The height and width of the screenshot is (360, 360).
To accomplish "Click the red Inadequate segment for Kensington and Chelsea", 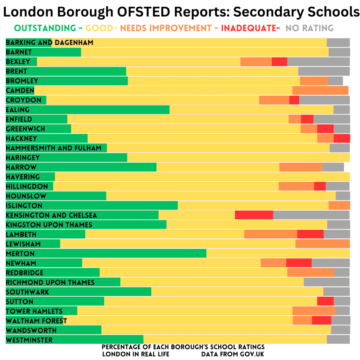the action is pyautogui.click(x=254, y=215).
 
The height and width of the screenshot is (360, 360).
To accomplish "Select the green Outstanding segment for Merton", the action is pyautogui.click(x=106, y=253).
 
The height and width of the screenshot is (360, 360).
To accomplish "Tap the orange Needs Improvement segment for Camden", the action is pyautogui.click(x=321, y=90).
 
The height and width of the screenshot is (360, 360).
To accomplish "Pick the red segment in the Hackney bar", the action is pyautogui.click(x=342, y=139).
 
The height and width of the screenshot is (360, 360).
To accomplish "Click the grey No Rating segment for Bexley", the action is pyautogui.click(x=319, y=62).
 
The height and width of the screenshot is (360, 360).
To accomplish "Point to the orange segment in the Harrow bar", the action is pyautogui.click(x=301, y=167).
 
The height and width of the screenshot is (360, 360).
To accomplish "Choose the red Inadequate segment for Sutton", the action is pyautogui.click(x=325, y=301).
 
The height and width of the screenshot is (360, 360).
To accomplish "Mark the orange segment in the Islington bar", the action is pyautogui.click(x=339, y=205).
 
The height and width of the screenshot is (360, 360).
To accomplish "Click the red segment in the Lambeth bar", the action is pyautogui.click(x=310, y=234).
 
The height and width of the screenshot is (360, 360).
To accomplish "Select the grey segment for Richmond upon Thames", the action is pyautogui.click(x=327, y=282).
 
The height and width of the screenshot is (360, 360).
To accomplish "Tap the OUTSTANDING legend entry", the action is pyautogui.click(x=45, y=28).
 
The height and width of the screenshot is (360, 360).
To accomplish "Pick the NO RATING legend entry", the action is pyautogui.click(x=309, y=28).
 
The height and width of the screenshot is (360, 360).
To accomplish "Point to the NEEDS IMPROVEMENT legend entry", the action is pyautogui.click(x=166, y=28).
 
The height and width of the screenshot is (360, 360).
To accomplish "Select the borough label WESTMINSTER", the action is pyautogui.click(x=29, y=340).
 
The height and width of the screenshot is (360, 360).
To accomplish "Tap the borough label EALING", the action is pyautogui.click(x=18, y=110).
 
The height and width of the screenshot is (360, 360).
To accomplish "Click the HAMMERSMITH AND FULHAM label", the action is pyautogui.click(x=54, y=148).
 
